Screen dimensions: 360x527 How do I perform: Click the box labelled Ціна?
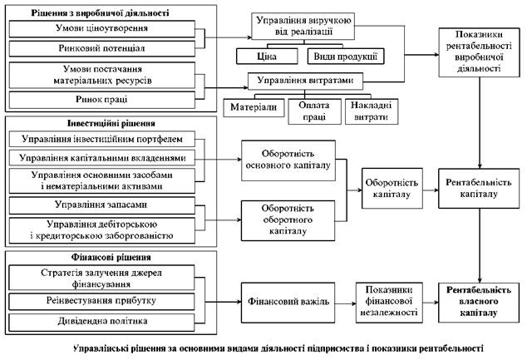point(267,57)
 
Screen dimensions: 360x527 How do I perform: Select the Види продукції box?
point(345,57)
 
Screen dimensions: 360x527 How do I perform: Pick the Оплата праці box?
point(314,111)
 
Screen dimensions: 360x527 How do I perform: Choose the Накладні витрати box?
point(372,111)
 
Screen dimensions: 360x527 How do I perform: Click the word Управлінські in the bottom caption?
point(101,349)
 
